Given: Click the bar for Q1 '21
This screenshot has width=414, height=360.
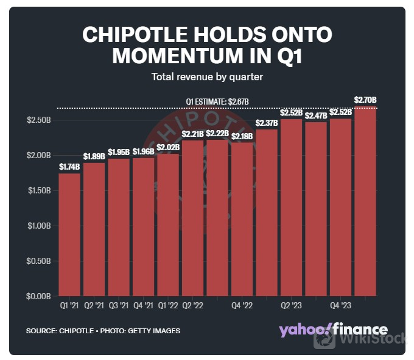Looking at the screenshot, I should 69,235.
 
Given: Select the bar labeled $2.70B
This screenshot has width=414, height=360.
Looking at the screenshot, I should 365,201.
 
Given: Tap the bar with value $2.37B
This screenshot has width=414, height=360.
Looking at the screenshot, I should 267,212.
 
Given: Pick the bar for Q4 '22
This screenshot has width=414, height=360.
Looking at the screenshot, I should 242,219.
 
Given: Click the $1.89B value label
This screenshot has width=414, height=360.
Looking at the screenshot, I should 94,157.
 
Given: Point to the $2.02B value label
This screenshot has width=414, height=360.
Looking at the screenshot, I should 168,147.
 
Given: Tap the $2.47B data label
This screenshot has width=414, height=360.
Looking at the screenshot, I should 316,116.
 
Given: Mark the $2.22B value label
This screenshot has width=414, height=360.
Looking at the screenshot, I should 217,133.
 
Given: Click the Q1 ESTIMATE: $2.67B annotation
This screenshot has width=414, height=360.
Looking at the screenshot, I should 217,102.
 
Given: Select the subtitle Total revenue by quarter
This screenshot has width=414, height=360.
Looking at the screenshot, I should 207,77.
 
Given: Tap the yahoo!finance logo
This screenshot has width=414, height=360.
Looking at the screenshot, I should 332,330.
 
